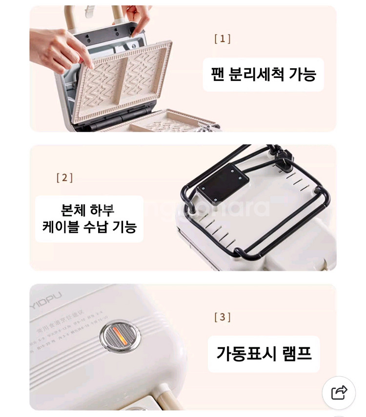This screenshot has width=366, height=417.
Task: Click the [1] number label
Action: click(x=223, y=39)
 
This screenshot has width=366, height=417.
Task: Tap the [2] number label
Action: click(x=64, y=177)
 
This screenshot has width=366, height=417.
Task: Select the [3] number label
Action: click(x=223, y=317)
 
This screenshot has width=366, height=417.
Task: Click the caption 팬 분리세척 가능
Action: click(x=264, y=75)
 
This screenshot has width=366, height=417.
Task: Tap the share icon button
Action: click(x=339, y=392)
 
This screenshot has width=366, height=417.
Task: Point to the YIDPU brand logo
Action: click(x=47, y=296)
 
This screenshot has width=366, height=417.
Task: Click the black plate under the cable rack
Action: click(x=223, y=183)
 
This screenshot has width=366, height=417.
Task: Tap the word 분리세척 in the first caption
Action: click(x=258, y=75)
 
